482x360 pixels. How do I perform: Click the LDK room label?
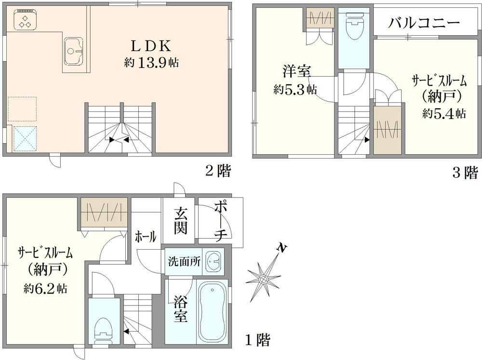pos(150,46)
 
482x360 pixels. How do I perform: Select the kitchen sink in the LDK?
pos(73,52)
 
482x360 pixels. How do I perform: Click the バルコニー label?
pos(424,23)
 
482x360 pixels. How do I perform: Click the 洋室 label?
pos(296,72)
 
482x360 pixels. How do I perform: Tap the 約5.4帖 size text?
pos(444,114)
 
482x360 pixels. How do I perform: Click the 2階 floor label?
pos(218,171)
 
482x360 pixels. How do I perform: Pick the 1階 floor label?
pos(257,340)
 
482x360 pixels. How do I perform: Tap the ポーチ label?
pos(220,221)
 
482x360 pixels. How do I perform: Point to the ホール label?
pos(146,237)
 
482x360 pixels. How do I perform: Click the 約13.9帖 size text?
pos(151,63)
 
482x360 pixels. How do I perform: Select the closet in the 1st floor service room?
pos(104,213)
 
